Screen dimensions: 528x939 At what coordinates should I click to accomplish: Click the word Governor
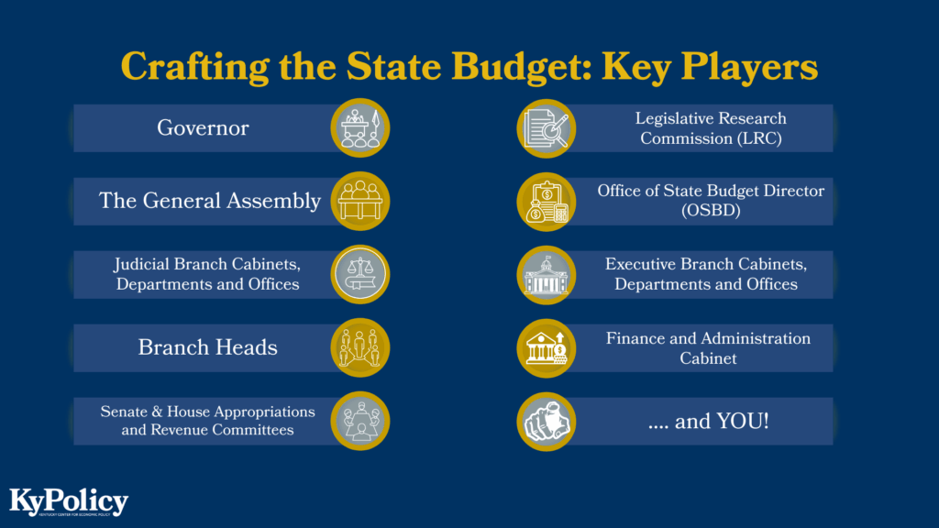203,127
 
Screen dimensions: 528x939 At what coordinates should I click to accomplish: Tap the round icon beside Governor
359,127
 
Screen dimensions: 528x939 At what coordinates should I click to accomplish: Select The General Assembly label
210,201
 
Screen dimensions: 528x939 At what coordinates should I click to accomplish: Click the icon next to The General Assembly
359,201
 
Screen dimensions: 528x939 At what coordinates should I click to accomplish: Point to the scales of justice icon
359,274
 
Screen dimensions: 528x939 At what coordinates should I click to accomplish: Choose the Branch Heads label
208,347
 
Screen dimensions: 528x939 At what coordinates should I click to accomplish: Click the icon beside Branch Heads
359,347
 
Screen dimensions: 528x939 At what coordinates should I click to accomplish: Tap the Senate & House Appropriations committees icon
359,421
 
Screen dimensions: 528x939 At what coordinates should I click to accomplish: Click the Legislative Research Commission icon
547,127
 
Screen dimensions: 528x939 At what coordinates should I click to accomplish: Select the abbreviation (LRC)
711,138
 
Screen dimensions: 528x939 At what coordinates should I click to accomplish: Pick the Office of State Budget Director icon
547,201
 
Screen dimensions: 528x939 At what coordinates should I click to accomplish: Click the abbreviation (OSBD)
711,211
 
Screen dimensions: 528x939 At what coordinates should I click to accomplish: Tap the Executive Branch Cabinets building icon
547,274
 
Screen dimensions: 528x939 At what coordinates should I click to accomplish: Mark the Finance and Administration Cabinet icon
547,347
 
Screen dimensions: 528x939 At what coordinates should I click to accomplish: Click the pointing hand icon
547,421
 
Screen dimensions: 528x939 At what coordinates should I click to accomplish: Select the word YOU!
742,422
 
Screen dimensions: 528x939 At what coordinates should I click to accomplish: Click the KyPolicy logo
69,502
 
